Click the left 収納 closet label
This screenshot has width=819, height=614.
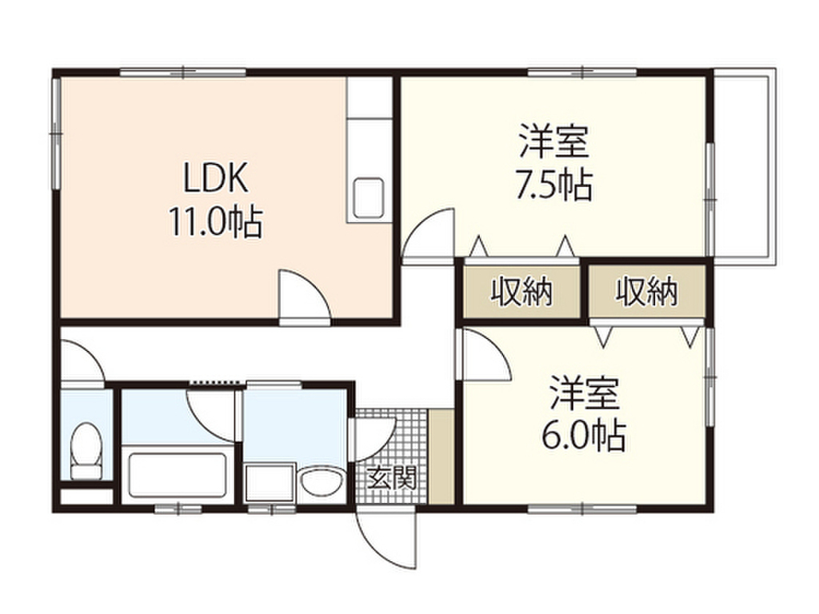click(521, 293)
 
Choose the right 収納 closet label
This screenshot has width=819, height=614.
click(646, 293)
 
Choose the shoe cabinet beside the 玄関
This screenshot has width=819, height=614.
click(441, 457)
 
